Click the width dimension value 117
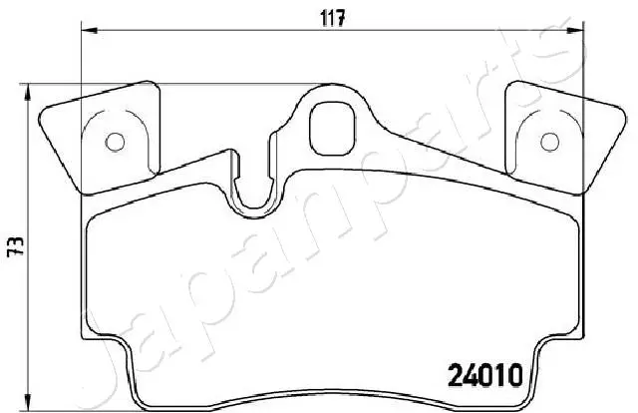[x=332, y=18]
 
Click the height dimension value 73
[x=17, y=246]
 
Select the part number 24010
[x=484, y=375]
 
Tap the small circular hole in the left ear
[x=115, y=142]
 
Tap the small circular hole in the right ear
[x=549, y=142]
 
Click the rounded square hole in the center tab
[x=332, y=129]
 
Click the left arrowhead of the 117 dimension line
[x=90, y=30]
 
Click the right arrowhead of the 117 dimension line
[x=576, y=30]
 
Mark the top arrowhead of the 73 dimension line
[x=28, y=92]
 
